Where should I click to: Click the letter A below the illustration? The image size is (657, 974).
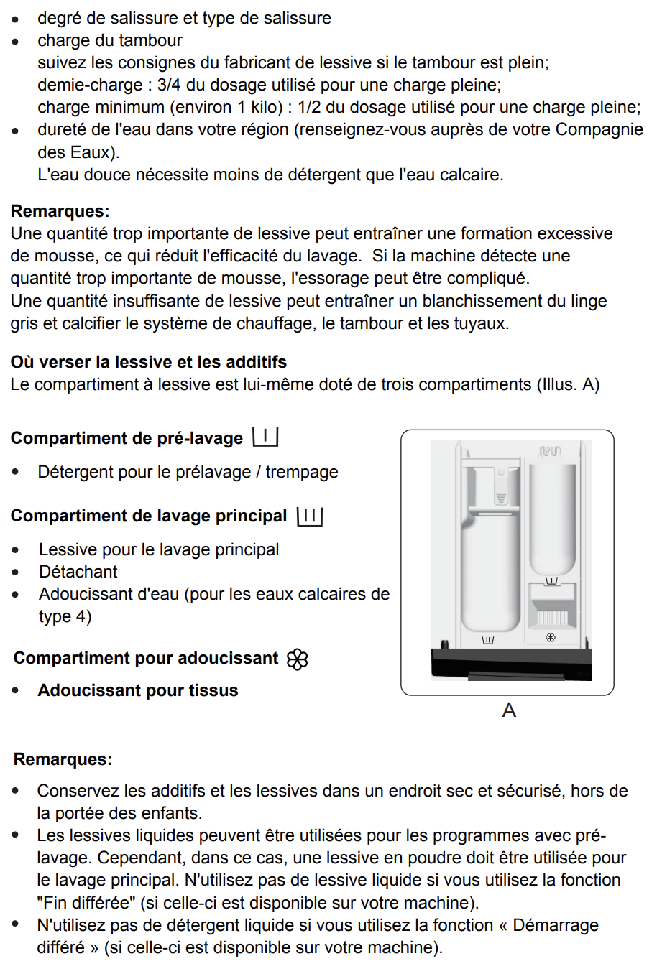pyautogui.click(x=509, y=710)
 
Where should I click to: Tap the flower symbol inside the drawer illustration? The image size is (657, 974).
pyautogui.click(x=551, y=637)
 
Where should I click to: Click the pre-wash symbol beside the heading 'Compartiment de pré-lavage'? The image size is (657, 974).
pyautogui.click(x=265, y=437)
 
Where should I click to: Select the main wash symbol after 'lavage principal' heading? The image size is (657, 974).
pyautogui.click(x=310, y=516)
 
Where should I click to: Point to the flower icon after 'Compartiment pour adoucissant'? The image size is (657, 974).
pyautogui.click(x=297, y=659)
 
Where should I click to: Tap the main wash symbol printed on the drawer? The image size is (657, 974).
pyautogui.click(x=488, y=639)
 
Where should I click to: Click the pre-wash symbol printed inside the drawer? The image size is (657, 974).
pyautogui.click(x=551, y=580)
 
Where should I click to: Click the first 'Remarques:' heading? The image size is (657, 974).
pyautogui.click(x=60, y=211)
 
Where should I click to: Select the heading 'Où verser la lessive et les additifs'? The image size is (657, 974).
pyautogui.click(x=149, y=362)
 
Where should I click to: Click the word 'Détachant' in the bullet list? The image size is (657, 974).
pyautogui.click(x=78, y=572)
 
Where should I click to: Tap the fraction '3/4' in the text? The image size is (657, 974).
pyautogui.click(x=169, y=85)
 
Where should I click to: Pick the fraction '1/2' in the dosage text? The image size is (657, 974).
pyautogui.click(x=309, y=107)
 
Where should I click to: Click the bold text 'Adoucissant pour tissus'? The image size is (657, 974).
pyautogui.click(x=138, y=690)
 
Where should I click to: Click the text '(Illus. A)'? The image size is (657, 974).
pyautogui.click(x=568, y=384)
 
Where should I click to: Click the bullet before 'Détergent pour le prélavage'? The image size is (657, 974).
pyautogui.click(x=16, y=473)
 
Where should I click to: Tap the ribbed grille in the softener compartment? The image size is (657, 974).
pyautogui.click(x=552, y=617)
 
